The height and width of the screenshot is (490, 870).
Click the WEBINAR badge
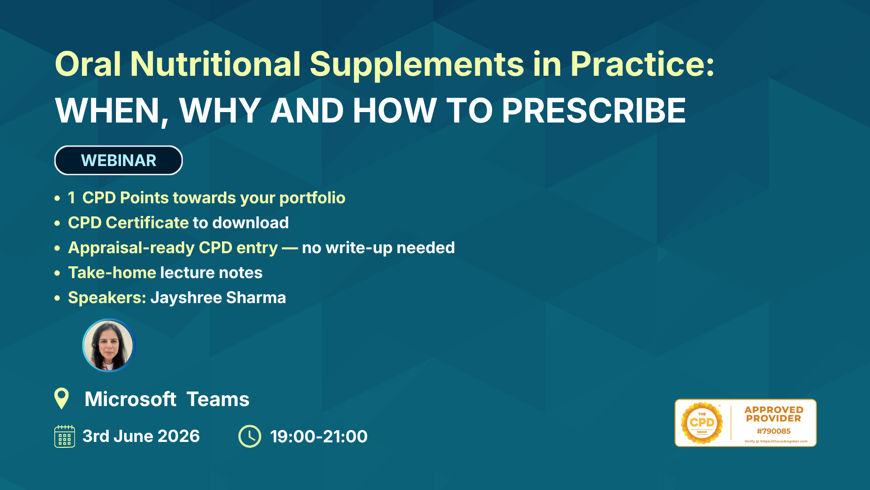pyautogui.click(x=118, y=160)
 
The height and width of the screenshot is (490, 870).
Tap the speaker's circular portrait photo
pyautogui.click(x=109, y=345)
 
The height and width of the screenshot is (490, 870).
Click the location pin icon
pyautogui.click(x=62, y=398)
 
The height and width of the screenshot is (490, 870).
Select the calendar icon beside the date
pyautogui.click(x=65, y=436)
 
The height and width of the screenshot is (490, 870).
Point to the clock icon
pyautogui.click(x=250, y=436)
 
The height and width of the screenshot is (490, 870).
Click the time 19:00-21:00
pyautogui.click(x=319, y=436)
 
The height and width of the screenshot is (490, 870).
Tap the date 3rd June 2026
pyautogui.click(x=141, y=436)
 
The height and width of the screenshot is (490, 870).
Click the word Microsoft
pyautogui.click(x=130, y=399)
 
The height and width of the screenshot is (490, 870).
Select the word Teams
pyautogui.click(x=218, y=399)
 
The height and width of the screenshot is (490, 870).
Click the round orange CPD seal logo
pyautogui.click(x=702, y=423)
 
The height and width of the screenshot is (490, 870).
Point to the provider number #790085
pyautogui.click(x=773, y=431)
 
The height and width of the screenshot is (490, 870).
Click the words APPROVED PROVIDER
pyautogui.click(x=773, y=414)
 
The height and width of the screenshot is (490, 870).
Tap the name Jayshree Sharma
pyautogui.click(x=218, y=298)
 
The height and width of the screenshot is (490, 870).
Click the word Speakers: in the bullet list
pyautogui.click(x=107, y=298)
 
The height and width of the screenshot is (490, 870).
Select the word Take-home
pyautogui.click(x=112, y=273)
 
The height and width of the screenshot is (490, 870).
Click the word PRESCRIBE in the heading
pyautogui.click(x=594, y=110)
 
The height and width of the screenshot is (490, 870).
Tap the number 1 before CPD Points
pyautogui.click(x=72, y=198)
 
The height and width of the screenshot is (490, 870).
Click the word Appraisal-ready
pyautogui.click(x=131, y=248)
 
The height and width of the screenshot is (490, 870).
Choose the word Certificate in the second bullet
pyautogui.click(x=147, y=223)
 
